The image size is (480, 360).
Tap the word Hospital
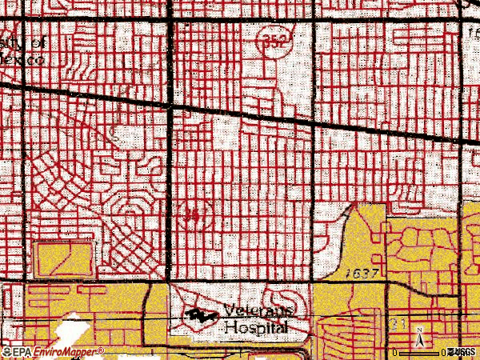pos(255,326)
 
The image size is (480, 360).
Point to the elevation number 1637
pos(361,274)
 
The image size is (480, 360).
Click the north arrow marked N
pos(421,338)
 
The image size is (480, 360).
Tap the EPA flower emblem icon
pos(6,351)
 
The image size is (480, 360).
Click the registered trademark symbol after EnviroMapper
pos(102,349)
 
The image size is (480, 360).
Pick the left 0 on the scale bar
pos(394,352)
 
